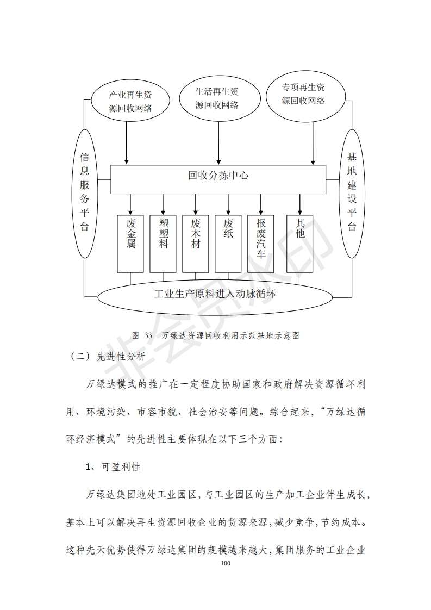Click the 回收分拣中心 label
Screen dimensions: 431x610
(218, 176)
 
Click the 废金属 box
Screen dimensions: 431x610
(130, 244)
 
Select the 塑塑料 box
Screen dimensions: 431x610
(163, 244)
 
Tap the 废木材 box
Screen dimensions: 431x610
(196, 244)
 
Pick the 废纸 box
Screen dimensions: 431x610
(228, 244)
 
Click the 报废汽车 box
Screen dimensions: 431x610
(261, 244)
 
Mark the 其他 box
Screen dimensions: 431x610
(300, 244)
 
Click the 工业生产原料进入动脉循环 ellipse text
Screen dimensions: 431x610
(215, 294)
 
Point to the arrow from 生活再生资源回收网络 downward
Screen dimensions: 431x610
(218, 143)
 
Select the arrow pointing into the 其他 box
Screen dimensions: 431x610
(300, 204)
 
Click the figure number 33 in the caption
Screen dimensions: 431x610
(148, 335)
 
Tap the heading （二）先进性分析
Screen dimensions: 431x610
(107, 356)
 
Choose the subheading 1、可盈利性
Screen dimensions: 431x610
(113, 467)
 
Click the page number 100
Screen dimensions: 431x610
(226, 563)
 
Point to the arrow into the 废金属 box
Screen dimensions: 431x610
(130, 204)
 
